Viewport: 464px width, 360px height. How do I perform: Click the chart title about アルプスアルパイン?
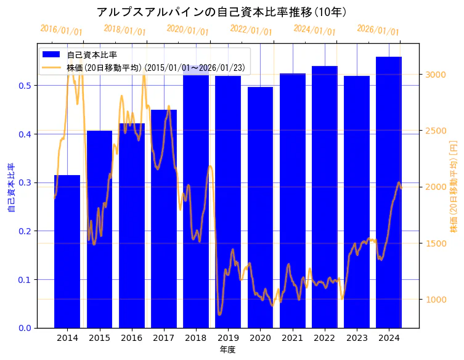pos(222,12)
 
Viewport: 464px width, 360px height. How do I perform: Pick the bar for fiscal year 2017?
pos(164,219)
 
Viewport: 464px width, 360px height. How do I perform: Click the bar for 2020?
pos(260,207)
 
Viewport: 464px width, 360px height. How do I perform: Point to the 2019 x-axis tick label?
pos(228,338)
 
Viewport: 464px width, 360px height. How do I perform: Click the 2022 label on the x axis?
pos(324,338)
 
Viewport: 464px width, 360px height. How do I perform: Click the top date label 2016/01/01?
pos(61,30)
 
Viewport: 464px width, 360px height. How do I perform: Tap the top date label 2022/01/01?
pos(251,30)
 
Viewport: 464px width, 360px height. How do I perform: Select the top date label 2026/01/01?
pos(378,30)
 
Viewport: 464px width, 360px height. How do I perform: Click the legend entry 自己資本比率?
pos(92,55)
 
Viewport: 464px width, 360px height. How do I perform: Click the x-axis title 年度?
pos(228,350)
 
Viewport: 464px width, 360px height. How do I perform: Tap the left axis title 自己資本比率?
pos(10,187)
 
